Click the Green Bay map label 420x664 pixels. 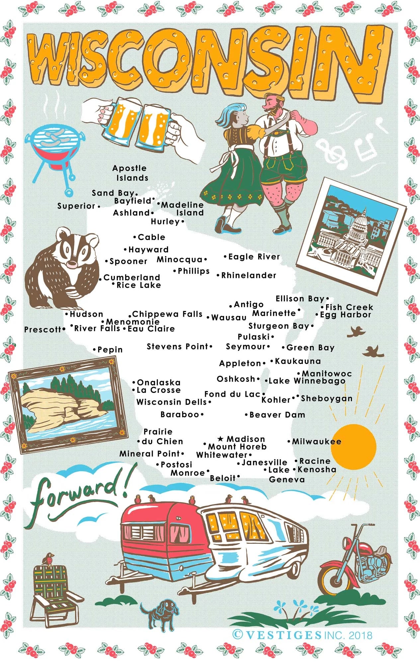coord(310,348)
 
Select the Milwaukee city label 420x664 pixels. coord(316,442)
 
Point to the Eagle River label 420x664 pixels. coord(254,257)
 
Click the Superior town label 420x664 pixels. coord(76,206)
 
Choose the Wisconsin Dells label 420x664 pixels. coord(172,402)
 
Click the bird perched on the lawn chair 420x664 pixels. coord(50,559)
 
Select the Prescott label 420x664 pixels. coord(43,330)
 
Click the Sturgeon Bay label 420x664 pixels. coord(279,326)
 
